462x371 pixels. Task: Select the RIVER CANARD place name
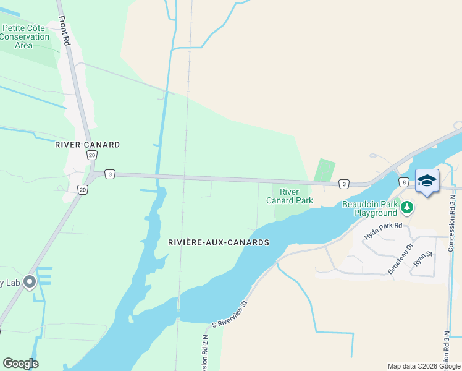click(87, 145)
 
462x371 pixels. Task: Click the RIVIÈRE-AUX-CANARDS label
click(219, 242)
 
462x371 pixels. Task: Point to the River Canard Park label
click(289, 196)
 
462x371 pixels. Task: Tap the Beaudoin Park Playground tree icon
click(407, 207)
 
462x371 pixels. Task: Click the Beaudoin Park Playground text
click(370, 208)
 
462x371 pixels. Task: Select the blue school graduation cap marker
click(427, 181)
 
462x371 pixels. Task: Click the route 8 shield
click(403, 182)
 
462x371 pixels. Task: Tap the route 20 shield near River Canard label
click(91, 155)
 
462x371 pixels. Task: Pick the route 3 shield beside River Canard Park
click(343, 184)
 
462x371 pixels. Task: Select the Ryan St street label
click(422, 258)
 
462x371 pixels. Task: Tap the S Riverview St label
click(229, 314)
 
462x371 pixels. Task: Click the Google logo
click(20, 364)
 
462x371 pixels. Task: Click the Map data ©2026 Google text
click(423, 366)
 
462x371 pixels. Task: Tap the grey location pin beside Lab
click(29, 281)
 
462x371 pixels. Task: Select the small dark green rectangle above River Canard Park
click(325, 170)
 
